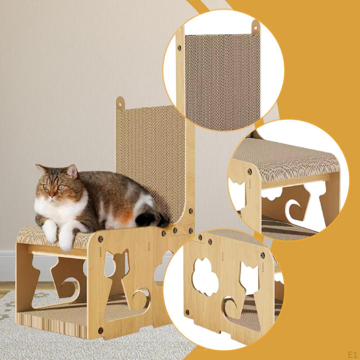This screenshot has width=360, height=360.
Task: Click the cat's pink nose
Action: click(52, 196)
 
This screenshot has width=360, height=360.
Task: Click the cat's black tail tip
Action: click(152, 219)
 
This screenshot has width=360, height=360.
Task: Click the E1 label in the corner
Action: click(353, 354)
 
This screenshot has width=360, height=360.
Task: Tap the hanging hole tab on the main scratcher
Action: click(120, 102)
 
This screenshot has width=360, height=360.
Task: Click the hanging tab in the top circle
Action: click(255, 27)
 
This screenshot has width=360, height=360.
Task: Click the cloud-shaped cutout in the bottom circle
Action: click(205, 277)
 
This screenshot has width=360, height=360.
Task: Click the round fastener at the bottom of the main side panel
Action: click(101, 330)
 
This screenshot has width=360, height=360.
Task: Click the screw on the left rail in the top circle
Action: click(179, 48)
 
